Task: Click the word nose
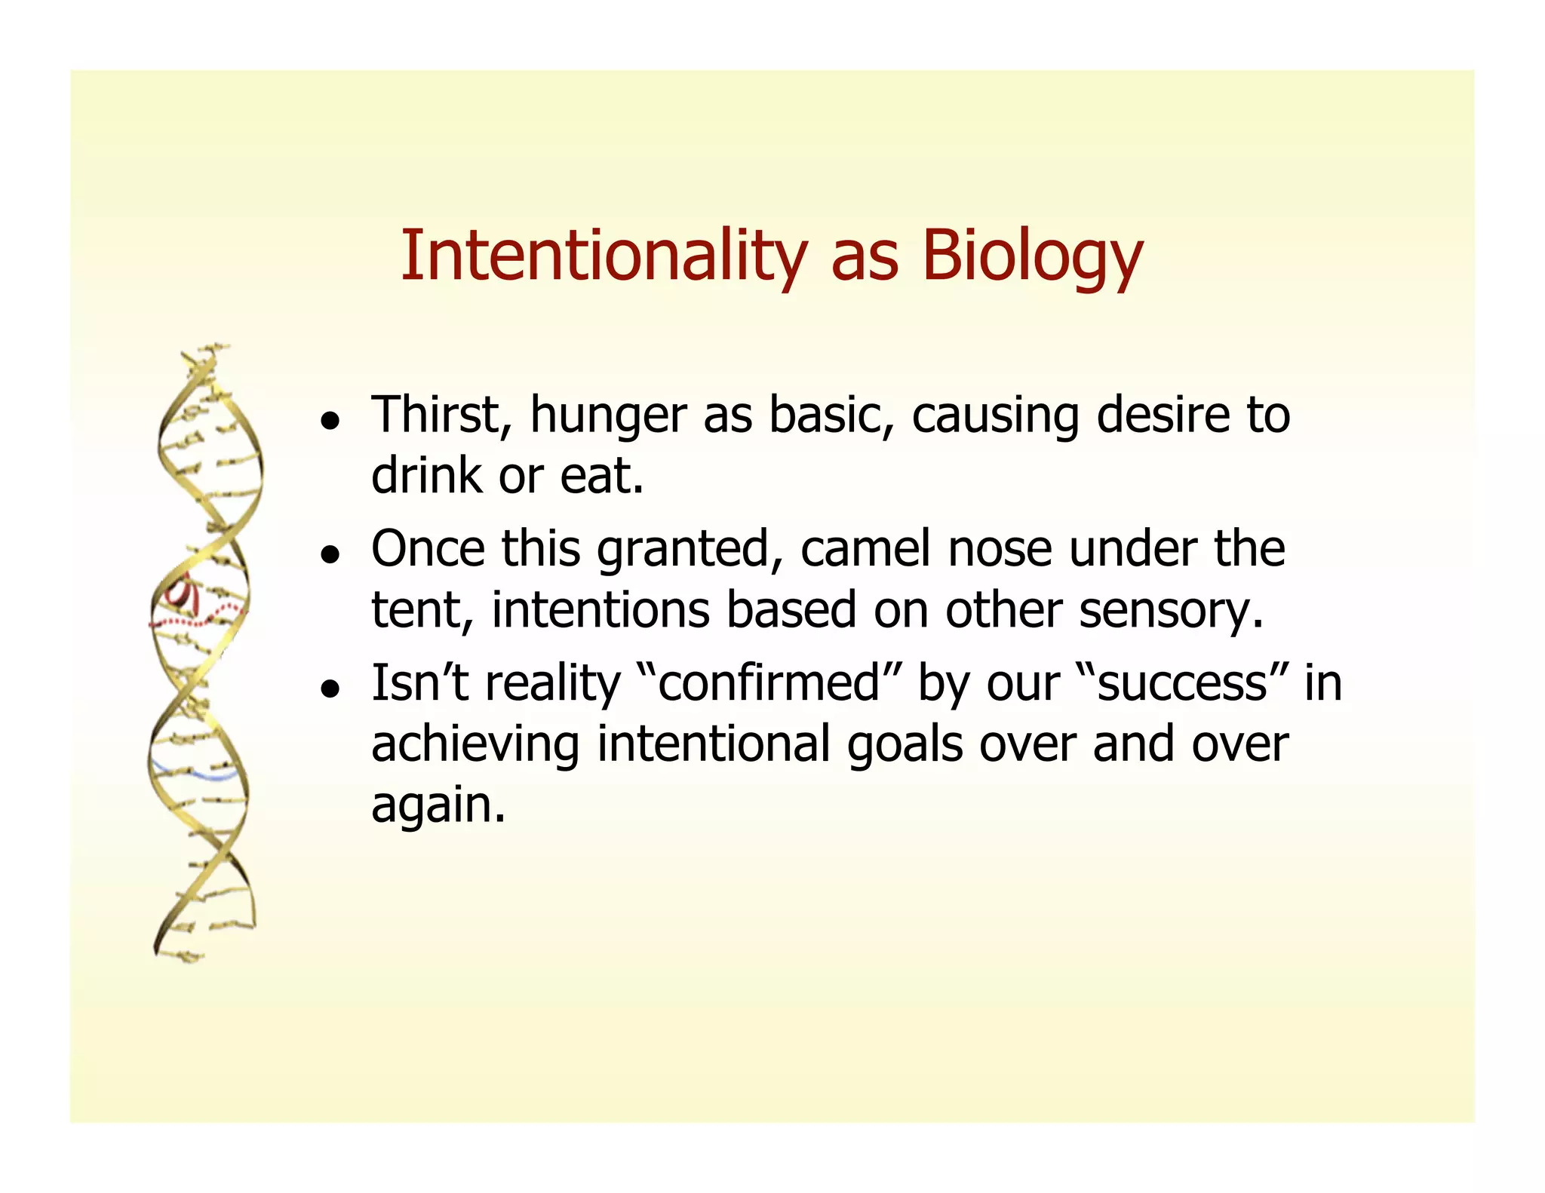[1000, 550]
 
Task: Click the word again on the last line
[438, 805]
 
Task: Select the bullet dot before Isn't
[328, 688]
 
